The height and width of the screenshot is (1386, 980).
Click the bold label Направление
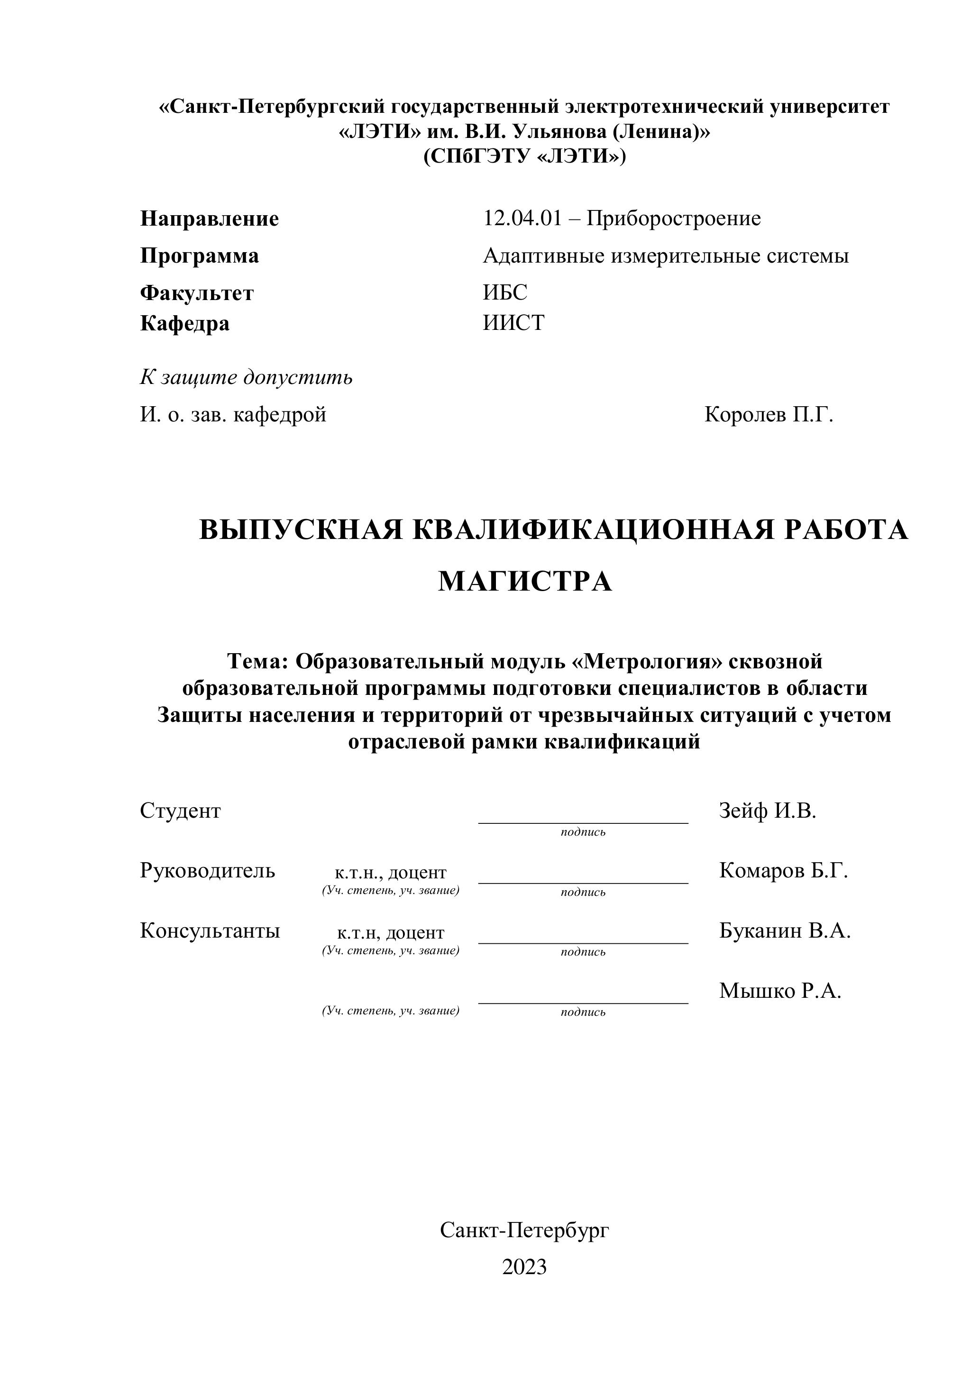click(x=210, y=219)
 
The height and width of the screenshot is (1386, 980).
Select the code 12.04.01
click(x=522, y=218)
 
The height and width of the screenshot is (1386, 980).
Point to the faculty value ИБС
click(x=505, y=292)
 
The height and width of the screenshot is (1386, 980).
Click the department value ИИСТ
click(x=513, y=323)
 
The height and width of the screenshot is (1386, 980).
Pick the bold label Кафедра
click(x=185, y=324)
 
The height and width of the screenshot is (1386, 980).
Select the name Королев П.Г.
click(x=768, y=415)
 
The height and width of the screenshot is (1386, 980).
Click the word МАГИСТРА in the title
click(x=525, y=581)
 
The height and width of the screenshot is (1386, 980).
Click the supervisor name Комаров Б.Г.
click(x=783, y=870)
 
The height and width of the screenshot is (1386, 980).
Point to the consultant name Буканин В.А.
click(x=784, y=931)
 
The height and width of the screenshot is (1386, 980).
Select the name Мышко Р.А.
click(x=779, y=991)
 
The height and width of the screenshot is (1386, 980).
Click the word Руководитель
click(x=207, y=870)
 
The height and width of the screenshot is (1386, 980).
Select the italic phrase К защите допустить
click(x=247, y=377)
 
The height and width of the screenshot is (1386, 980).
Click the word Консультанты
click(x=210, y=931)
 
